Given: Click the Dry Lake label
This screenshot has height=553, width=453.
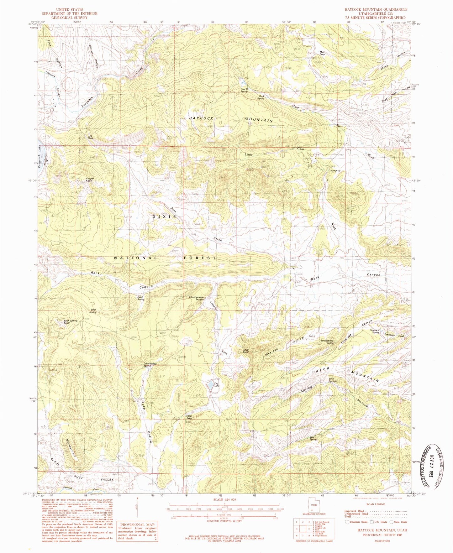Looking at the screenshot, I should (216, 384).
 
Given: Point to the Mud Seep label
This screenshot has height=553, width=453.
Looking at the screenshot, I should (322, 53).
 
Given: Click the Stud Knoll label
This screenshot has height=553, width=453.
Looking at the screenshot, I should (246, 351).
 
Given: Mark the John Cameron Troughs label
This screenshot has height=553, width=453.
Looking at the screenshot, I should (196, 298).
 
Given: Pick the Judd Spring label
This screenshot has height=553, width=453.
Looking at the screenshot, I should (140, 298).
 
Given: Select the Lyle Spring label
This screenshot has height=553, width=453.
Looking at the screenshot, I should (313, 439).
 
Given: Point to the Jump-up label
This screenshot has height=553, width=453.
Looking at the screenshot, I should (335, 170).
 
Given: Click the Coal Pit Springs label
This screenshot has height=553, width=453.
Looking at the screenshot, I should (245, 90).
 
